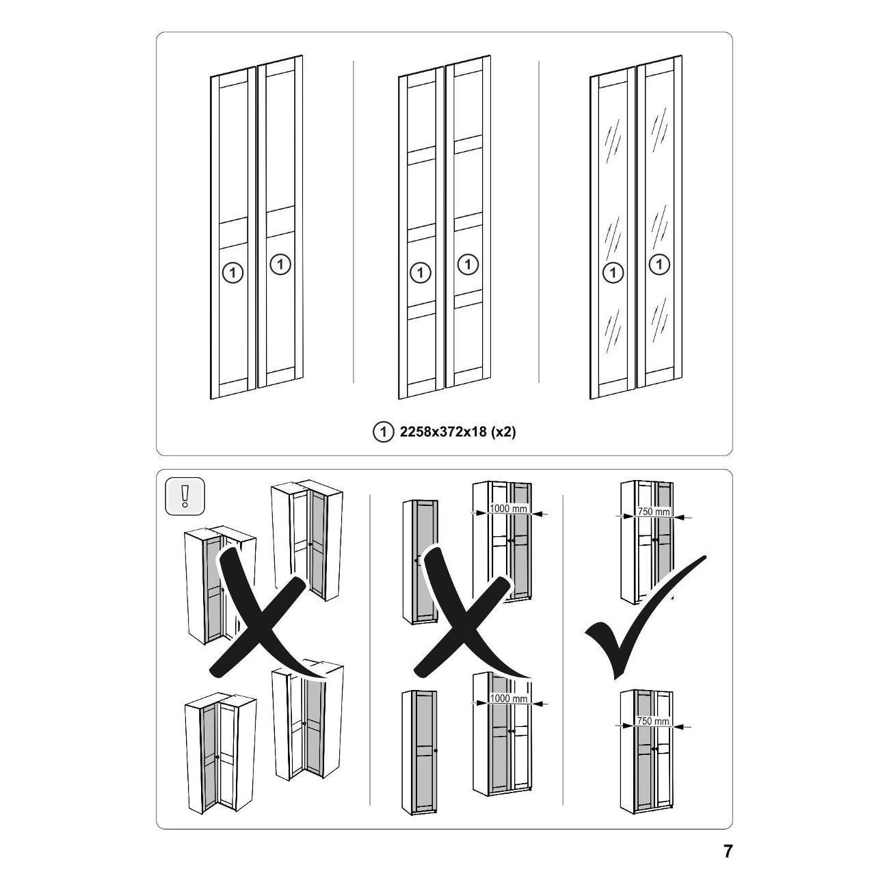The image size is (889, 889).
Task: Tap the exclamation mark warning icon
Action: coord(185,496)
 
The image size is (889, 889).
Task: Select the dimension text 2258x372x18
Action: coord(443,432)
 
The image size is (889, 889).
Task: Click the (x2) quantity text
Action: coord(503,432)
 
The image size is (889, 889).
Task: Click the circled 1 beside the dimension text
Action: coord(382,432)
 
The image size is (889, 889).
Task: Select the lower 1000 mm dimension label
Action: coord(508,698)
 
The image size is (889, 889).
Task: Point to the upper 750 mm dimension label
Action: coord(653,512)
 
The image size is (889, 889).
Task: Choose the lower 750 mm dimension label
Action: coord(653,721)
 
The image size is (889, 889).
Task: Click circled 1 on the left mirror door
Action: coord(613,273)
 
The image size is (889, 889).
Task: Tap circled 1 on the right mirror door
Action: coord(660,265)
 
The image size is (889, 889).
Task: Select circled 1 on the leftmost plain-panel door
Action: coord(233,273)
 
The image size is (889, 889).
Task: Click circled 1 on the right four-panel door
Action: coord(468,265)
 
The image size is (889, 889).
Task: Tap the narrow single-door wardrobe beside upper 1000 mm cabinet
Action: coord(420,561)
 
